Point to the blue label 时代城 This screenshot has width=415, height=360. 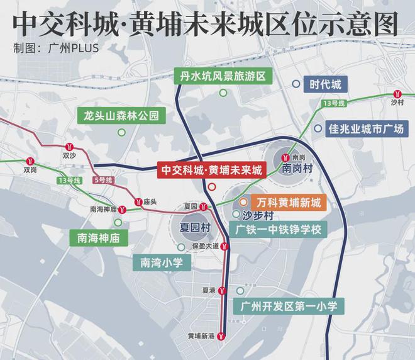pos(325,84)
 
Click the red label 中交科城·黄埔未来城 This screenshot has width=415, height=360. pos(211,170)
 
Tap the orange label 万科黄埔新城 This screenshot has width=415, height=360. pos(289,203)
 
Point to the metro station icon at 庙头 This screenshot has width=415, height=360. pos(138,201)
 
